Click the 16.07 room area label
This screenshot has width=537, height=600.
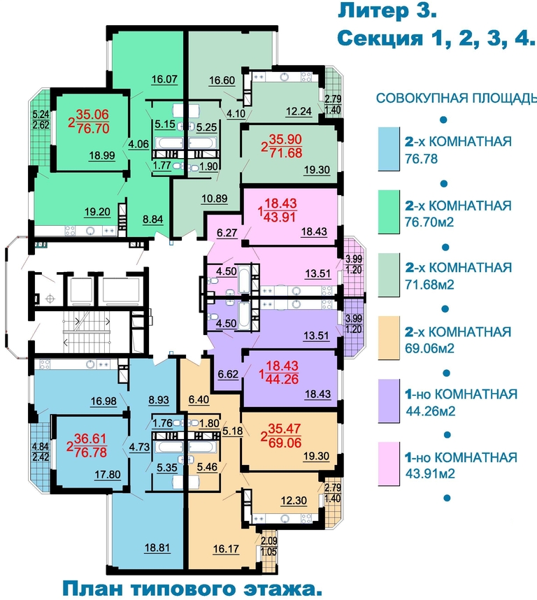coord(164,79)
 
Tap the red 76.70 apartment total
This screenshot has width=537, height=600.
coord(93,128)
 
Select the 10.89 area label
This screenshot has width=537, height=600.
coord(214,199)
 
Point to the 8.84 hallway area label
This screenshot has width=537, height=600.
coord(152,220)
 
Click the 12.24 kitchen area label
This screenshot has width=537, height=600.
coord(299,111)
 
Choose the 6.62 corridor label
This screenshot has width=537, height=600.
coord(228,374)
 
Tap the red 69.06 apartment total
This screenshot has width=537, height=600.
coord(285,443)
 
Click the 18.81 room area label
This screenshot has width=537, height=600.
coord(157,548)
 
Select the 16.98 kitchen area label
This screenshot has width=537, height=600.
coord(103,401)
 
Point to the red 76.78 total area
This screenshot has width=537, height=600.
coord(91,452)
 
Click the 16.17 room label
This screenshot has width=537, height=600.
coord(226,549)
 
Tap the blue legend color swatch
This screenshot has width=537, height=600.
coord(389,149)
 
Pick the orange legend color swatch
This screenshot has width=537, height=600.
coord(389,338)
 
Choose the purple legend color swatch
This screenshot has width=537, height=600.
coord(389,401)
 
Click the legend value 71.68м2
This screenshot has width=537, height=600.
coord(429,285)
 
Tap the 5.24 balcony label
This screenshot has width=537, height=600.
coord(41,114)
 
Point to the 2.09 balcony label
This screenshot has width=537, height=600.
coord(269,541)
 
